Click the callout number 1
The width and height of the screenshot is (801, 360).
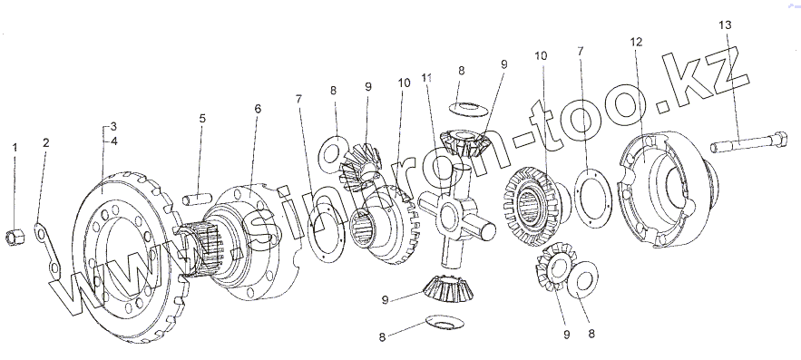point(15,148)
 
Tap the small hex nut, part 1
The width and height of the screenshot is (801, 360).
point(13,237)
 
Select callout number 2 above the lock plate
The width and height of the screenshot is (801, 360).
point(46,142)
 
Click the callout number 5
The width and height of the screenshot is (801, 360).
point(202,119)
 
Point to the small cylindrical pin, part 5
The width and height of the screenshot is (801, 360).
point(197,198)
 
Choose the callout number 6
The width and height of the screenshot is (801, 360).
point(258,108)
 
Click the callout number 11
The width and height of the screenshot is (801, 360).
point(427,78)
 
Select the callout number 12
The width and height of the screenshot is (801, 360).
point(636,42)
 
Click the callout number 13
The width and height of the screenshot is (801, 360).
point(725,24)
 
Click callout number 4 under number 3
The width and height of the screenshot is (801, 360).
point(114,141)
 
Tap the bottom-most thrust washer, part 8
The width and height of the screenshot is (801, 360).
point(444,322)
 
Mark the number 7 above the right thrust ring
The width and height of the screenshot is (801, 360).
point(580,51)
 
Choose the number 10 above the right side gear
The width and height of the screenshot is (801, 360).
point(541,55)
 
